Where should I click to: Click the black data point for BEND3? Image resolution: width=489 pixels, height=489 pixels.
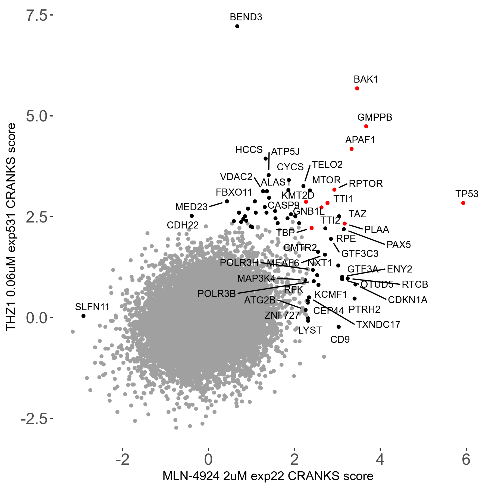pos(237,26)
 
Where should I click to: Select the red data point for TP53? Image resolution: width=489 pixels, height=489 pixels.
pos(463,203)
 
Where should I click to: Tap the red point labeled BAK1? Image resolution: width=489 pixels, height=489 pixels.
pos(357,89)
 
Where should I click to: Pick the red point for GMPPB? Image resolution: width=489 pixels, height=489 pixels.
pos(366,126)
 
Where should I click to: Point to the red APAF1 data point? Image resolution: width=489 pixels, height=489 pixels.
pos(352,149)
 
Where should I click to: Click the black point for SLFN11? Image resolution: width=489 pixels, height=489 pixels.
pos(83,316)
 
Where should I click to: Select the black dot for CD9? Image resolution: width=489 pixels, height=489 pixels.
pos(338,327)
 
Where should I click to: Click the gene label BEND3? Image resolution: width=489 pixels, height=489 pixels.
pos(246,17)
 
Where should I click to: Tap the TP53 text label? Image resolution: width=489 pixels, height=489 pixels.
pos(467,194)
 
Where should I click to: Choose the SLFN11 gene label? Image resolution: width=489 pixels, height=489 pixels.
pos(92,307)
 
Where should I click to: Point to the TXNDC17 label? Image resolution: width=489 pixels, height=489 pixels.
pos(378,324)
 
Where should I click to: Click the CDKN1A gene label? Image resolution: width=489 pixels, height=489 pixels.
pos(407,300)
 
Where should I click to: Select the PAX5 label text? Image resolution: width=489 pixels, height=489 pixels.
pos(399,245)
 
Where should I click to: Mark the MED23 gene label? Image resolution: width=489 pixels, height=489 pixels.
pos(191,207)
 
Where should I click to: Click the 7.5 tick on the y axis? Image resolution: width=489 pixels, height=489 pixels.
pos(36,15)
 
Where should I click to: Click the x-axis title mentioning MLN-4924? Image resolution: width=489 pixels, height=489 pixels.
pos(268,476)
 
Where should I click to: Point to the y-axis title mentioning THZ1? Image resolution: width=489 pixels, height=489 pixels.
pos(11,227)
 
